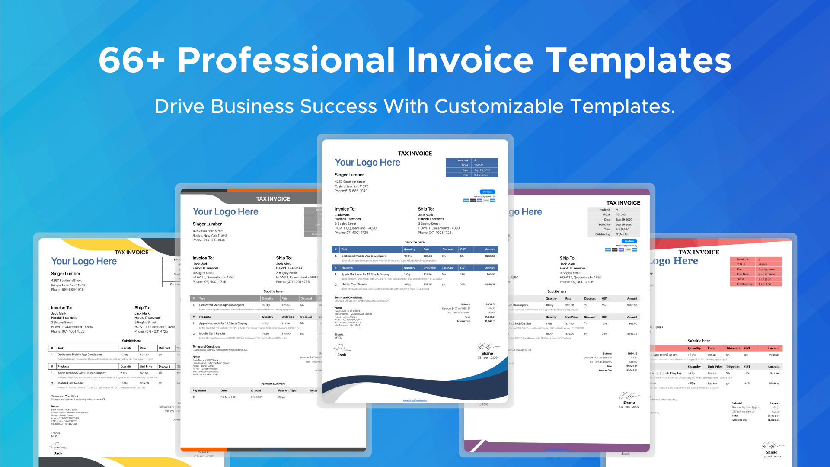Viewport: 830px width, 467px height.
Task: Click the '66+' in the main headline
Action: tap(131, 60)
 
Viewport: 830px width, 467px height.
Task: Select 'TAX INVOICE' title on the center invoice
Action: tap(415, 154)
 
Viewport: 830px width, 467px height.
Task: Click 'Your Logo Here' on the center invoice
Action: tap(367, 163)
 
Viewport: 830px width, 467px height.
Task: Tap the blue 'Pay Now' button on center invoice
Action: tap(487, 192)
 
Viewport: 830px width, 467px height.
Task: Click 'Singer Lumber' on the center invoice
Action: tap(349, 175)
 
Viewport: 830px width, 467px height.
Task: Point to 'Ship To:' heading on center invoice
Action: tap(425, 209)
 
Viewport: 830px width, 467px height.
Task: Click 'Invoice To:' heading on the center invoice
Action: tap(345, 209)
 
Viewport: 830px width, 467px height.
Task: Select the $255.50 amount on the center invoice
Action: tap(490, 256)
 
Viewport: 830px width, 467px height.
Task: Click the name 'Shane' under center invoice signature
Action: tap(487, 353)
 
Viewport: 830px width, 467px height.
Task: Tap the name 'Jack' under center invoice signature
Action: tap(342, 355)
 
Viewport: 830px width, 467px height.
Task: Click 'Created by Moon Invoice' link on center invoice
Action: tap(415, 400)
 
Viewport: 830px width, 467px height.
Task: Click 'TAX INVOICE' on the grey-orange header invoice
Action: tap(273, 199)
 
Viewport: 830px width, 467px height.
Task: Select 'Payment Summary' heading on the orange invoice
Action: tap(273, 384)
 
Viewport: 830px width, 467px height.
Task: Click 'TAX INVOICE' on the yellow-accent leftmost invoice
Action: tap(131, 253)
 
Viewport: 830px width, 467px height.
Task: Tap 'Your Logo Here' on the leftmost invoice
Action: tap(84, 261)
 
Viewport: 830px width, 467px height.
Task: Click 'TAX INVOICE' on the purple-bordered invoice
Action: tap(622, 203)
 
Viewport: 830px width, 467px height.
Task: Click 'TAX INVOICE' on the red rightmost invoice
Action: tap(699, 253)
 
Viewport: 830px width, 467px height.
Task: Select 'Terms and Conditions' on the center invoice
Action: tap(348, 297)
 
